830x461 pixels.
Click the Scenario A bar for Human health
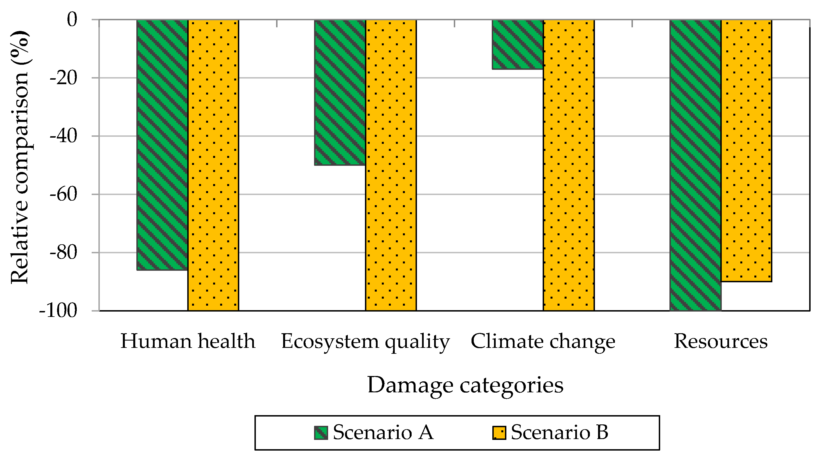[x=162, y=145]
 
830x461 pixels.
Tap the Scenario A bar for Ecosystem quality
[x=340, y=93]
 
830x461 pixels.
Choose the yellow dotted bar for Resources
[x=746, y=151]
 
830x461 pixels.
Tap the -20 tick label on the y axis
[x=64, y=78]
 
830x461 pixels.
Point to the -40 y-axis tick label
[x=64, y=136]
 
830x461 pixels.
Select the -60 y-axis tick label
[x=64, y=194]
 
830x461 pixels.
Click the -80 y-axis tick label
[x=64, y=253]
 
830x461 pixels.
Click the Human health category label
[x=188, y=341]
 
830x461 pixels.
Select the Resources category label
[x=721, y=341]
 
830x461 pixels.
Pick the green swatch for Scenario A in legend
[x=321, y=433]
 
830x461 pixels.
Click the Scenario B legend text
[x=560, y=432]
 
